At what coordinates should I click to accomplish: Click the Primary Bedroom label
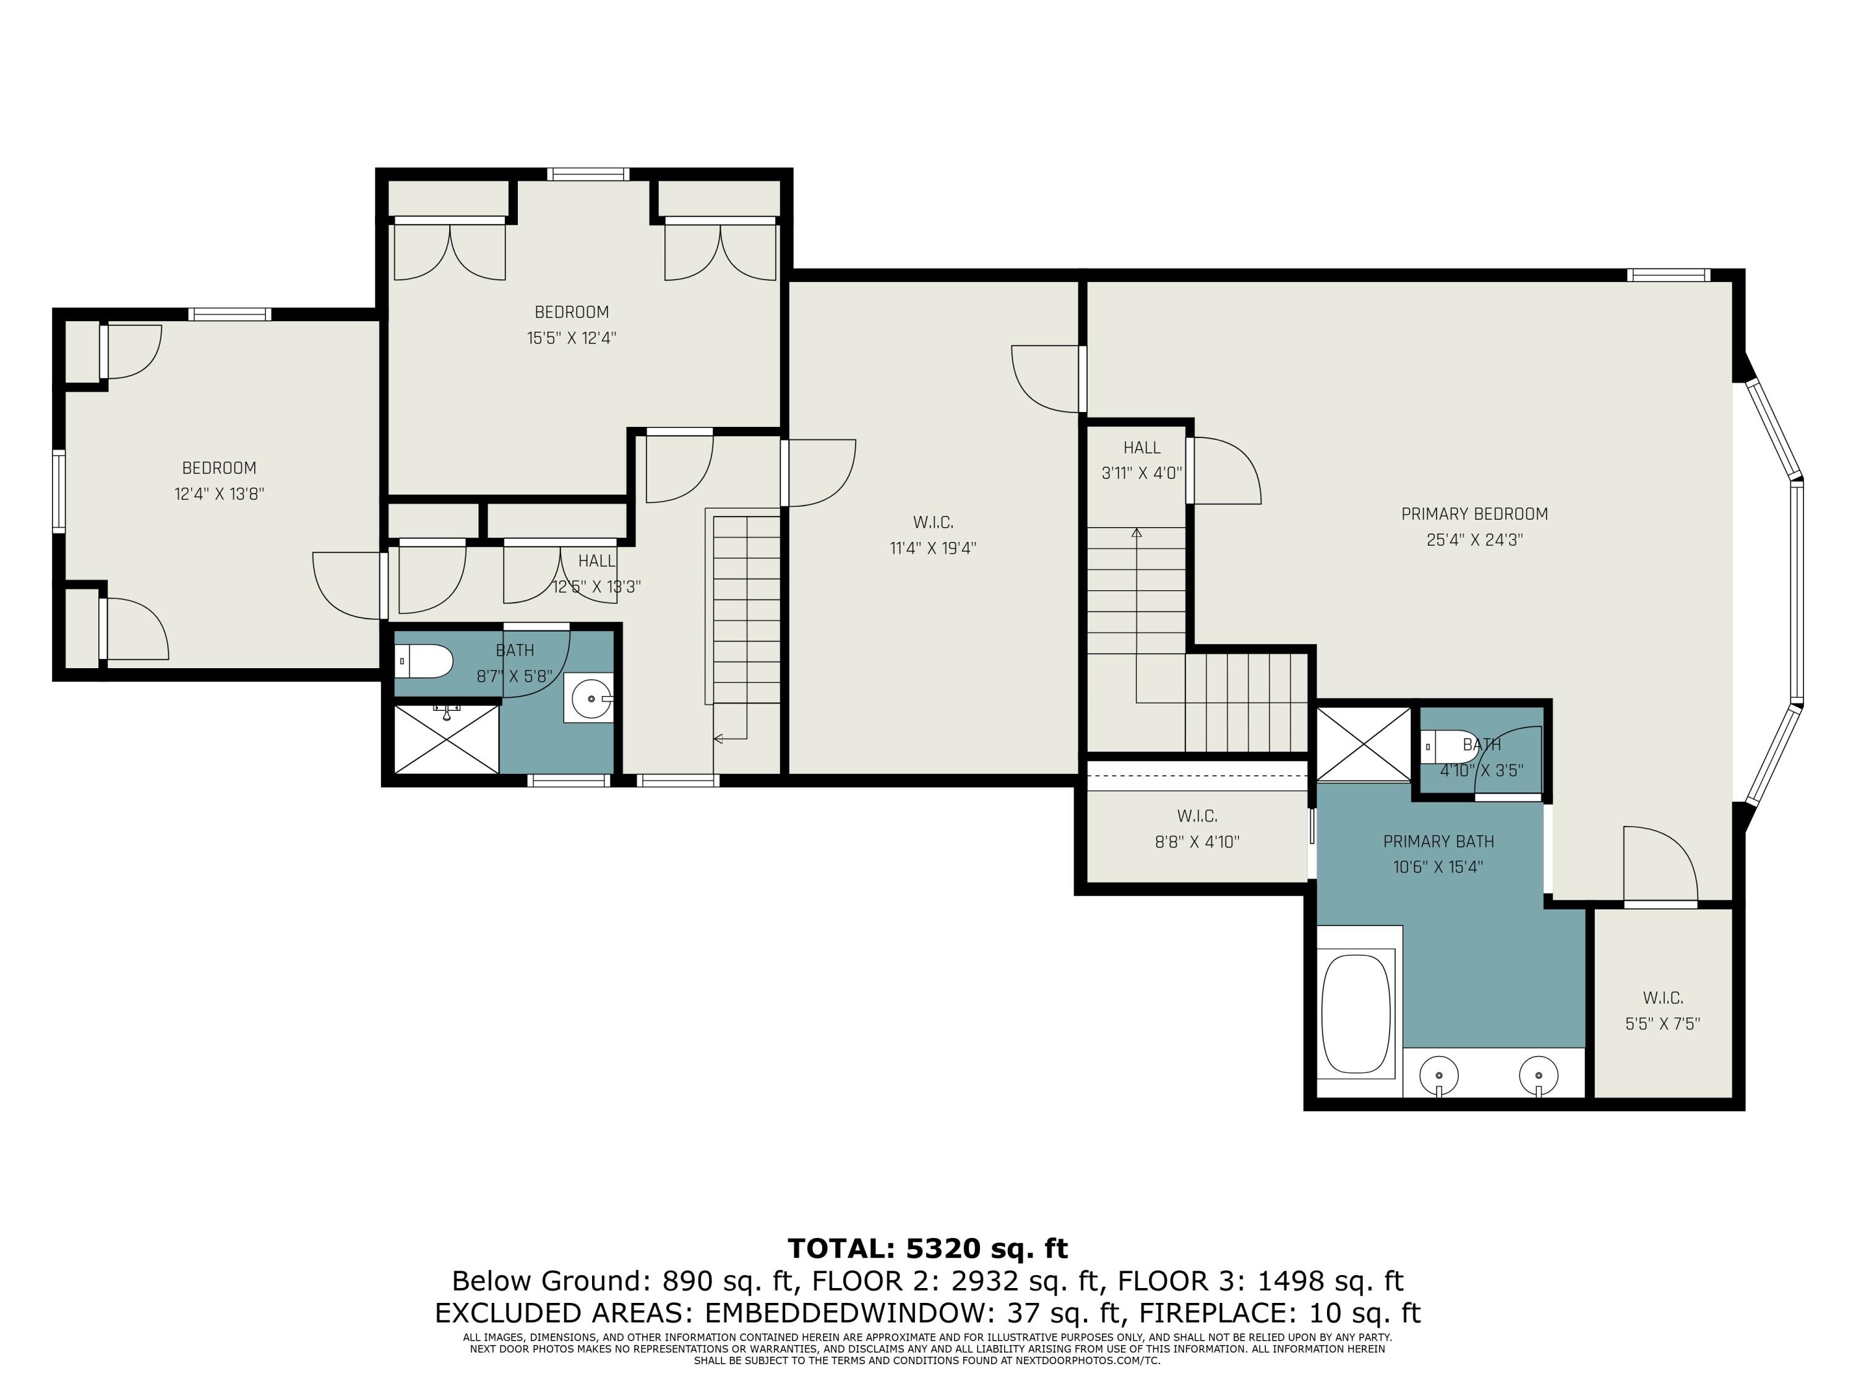[1474, 513]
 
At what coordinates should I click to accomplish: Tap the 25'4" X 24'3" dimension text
[1474, 539]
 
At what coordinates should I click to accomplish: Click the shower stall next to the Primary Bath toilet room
[1363, 744]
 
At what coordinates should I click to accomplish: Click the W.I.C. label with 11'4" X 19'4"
[933, 523]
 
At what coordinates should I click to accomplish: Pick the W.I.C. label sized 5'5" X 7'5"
[1662, 998]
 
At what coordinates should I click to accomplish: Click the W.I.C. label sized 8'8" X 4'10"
[1197, 815]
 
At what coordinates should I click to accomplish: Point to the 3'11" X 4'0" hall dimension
[1141, 473]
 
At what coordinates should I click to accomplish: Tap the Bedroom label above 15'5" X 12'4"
[572, 312]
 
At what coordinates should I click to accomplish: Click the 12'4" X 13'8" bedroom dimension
[219, 494]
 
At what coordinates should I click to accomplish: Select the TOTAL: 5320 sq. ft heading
[927, 1248]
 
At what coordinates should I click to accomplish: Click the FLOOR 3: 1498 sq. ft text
[1260, 1281]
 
